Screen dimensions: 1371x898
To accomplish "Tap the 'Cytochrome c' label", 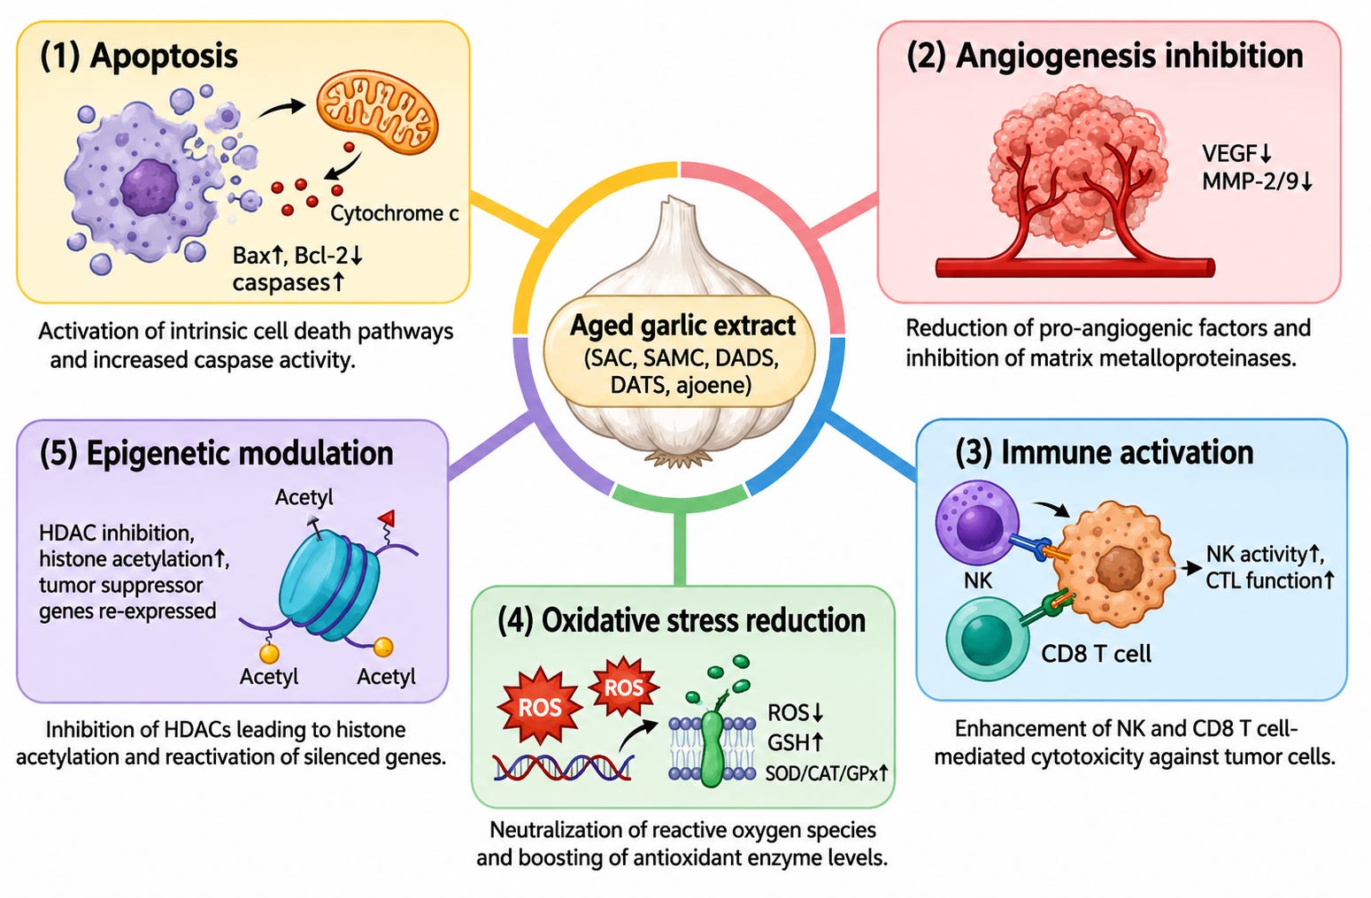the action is [394, 213].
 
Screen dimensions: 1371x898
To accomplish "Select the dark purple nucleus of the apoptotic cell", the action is [150, 188].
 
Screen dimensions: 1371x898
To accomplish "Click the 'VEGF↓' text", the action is [1237, 154].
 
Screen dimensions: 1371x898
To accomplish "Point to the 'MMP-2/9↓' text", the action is [1257, 181].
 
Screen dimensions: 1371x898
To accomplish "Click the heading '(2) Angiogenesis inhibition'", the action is [1105, 57].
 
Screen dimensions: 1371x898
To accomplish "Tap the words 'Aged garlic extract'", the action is [682, 326].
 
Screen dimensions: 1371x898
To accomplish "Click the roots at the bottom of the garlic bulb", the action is [678, 457].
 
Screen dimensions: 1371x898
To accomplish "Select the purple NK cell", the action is [977, 523].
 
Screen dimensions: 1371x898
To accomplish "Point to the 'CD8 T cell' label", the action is [1097, 654].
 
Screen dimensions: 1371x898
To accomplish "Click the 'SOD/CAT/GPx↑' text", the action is [827, 774].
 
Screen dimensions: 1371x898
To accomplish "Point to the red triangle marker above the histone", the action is [387, 518].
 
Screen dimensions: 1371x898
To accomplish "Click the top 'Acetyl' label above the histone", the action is [304, 496].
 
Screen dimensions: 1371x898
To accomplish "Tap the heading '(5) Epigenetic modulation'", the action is [216, 454].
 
